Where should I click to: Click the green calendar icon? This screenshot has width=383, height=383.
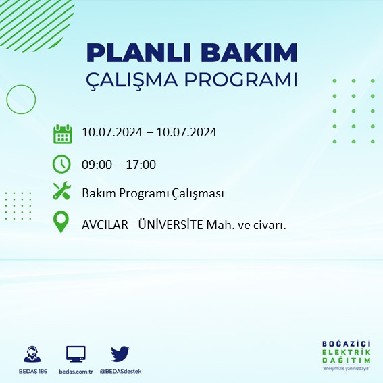(62, 133)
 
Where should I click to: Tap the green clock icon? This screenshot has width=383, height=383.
(62, 163)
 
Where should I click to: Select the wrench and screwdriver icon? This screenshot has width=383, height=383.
(62, 193)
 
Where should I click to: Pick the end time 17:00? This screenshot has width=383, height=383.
(142, 164)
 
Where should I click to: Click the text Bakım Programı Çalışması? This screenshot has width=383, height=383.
(153, 194)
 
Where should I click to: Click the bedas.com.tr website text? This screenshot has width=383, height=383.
(76, 372)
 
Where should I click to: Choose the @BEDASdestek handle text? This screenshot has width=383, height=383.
(121, 372)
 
